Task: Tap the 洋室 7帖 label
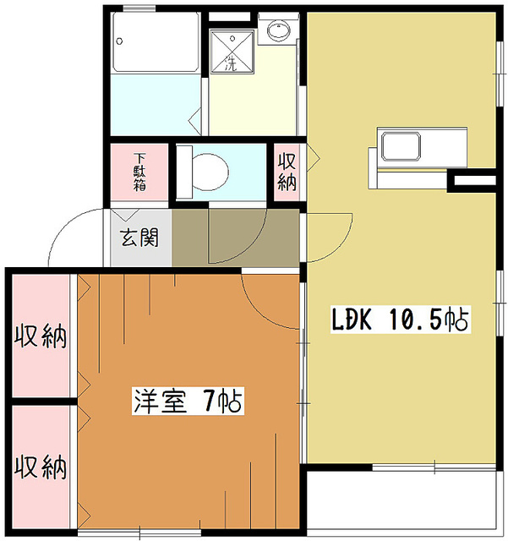point(187,400)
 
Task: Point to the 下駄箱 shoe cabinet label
point(139,172)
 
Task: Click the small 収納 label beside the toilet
point(287,172)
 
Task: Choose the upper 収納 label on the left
point(40,336)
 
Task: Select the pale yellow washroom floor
point(254,101)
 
